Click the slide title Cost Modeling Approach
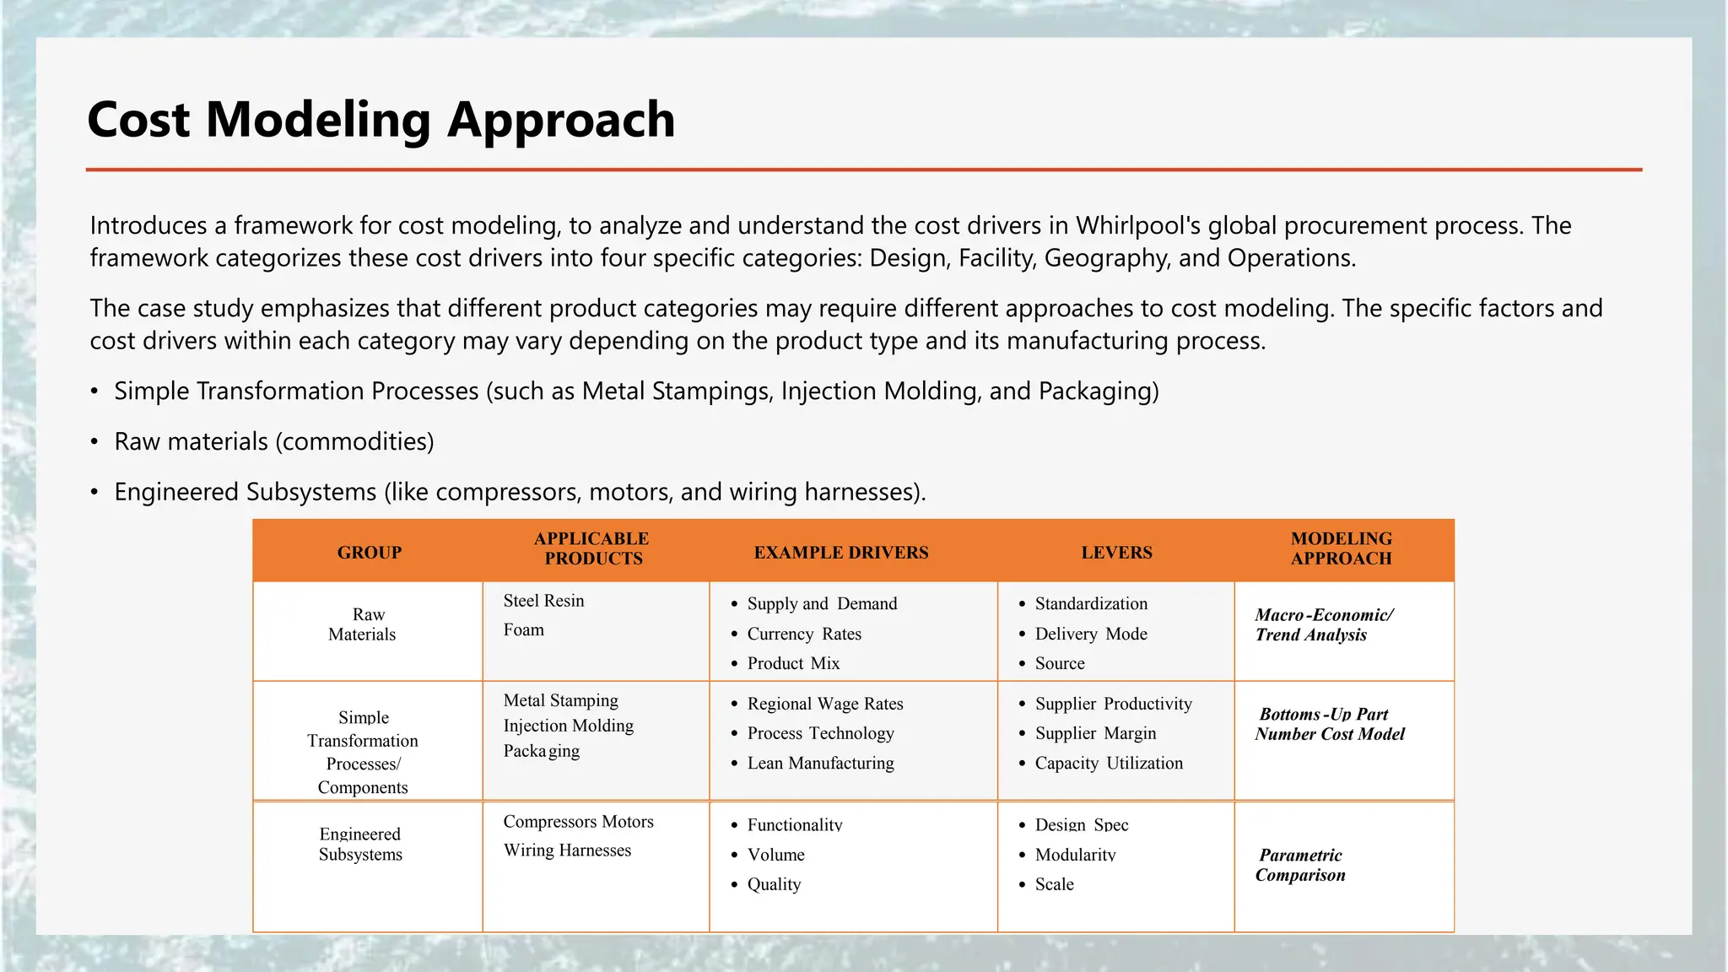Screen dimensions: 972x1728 [x=381, y=119]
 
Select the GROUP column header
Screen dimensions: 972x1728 [x=369, y=553]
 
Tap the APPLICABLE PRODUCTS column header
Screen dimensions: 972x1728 [x=592, y=548]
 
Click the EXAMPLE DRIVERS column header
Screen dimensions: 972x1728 [x=840, y=553]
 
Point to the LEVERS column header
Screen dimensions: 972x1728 [x=1116, y=553]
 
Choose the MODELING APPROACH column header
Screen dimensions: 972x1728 [x=1341, y=548]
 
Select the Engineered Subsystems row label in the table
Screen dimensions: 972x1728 [x=360, y=844]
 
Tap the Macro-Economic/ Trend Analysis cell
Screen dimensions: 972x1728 [x=1323, y=624]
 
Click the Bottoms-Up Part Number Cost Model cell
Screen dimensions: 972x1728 [x=1329, y=724]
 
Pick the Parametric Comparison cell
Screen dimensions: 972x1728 [x=1300, y=865]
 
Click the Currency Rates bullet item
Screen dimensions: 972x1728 [x=804, y=634]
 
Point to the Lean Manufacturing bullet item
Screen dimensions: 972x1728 [x=820, y=763]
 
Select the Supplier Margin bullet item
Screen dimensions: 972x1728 [x=1095, y=733]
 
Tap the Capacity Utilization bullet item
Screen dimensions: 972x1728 [x=1109, y=763]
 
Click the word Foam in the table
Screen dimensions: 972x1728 [x=524, y=629]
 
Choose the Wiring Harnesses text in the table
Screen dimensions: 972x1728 [x=567, y=850]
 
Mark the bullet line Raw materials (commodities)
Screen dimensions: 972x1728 [x=274, y=441]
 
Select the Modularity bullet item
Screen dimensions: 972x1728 [x=1075, y=855]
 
